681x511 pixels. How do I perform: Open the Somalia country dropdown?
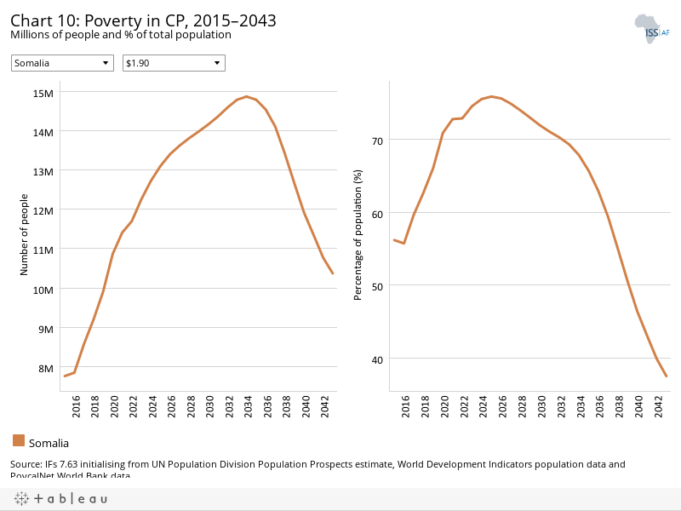click(62, 63)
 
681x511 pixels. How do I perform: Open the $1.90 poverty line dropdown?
click(174, 63)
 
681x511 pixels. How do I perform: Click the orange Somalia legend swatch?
click(19, 440)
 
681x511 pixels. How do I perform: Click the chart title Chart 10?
click(143, 20)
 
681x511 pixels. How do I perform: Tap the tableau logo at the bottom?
click(60, 498)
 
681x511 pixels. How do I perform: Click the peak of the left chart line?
click(246, 96)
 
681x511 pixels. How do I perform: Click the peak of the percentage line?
click(491, 96)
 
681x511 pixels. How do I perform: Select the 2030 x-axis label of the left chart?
click(209, 406)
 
